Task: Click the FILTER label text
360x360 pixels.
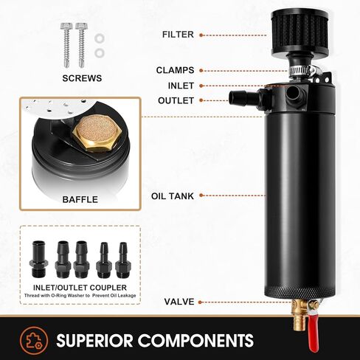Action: click(x=179, y=34)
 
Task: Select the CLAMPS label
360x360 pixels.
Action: click(x=175, y=70)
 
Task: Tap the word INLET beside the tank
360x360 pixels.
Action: click(x=180, y=85)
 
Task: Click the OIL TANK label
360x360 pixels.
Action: click(x=173, y=196)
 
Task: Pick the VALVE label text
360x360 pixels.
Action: click(x=179, y=301)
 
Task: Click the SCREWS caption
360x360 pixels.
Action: click(x=83, y=77)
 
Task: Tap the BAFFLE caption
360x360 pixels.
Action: click(x=80, y=199)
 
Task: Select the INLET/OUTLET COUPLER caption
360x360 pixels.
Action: click(x=80, y=286)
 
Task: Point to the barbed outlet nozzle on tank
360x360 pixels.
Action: click(x=239, y=97)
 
